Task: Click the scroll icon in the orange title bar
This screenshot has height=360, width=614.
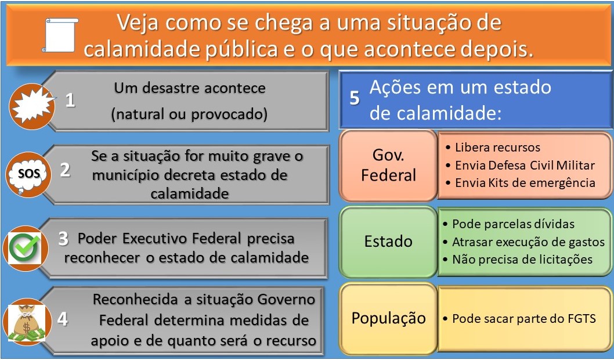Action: (60, 34)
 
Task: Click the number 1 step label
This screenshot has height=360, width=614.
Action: (70, 100)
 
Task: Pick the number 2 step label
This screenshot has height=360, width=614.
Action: (65, 170)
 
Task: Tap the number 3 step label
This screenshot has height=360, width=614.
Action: (63, 239)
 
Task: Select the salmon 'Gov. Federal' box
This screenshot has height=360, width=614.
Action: (388, 165)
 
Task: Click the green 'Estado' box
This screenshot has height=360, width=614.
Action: (388, 241)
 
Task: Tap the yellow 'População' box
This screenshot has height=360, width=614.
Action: (388, 318)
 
